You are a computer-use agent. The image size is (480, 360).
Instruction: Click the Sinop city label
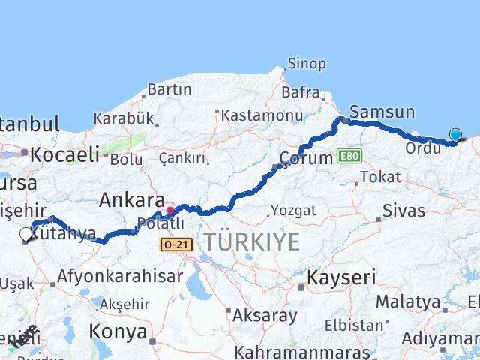point(307,64)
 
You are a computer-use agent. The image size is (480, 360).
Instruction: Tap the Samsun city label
point(382,112)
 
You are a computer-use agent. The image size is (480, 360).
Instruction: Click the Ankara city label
point(132,200)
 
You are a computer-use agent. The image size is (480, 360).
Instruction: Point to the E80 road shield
point(349,155)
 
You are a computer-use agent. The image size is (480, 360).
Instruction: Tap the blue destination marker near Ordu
point(455,135)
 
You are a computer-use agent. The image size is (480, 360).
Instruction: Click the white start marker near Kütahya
point(26,235)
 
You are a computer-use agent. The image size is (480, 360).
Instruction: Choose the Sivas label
point(403,211)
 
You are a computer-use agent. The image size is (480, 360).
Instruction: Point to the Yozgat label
point(292,210)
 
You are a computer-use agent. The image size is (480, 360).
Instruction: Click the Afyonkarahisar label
point(120,276)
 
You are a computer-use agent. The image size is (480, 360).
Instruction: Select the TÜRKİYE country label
point(252,241)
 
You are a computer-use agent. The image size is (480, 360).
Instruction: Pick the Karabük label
point(123,118)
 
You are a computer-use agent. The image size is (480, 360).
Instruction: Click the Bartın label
point(169,89)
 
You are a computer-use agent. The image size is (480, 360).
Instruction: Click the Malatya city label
point(408,302)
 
